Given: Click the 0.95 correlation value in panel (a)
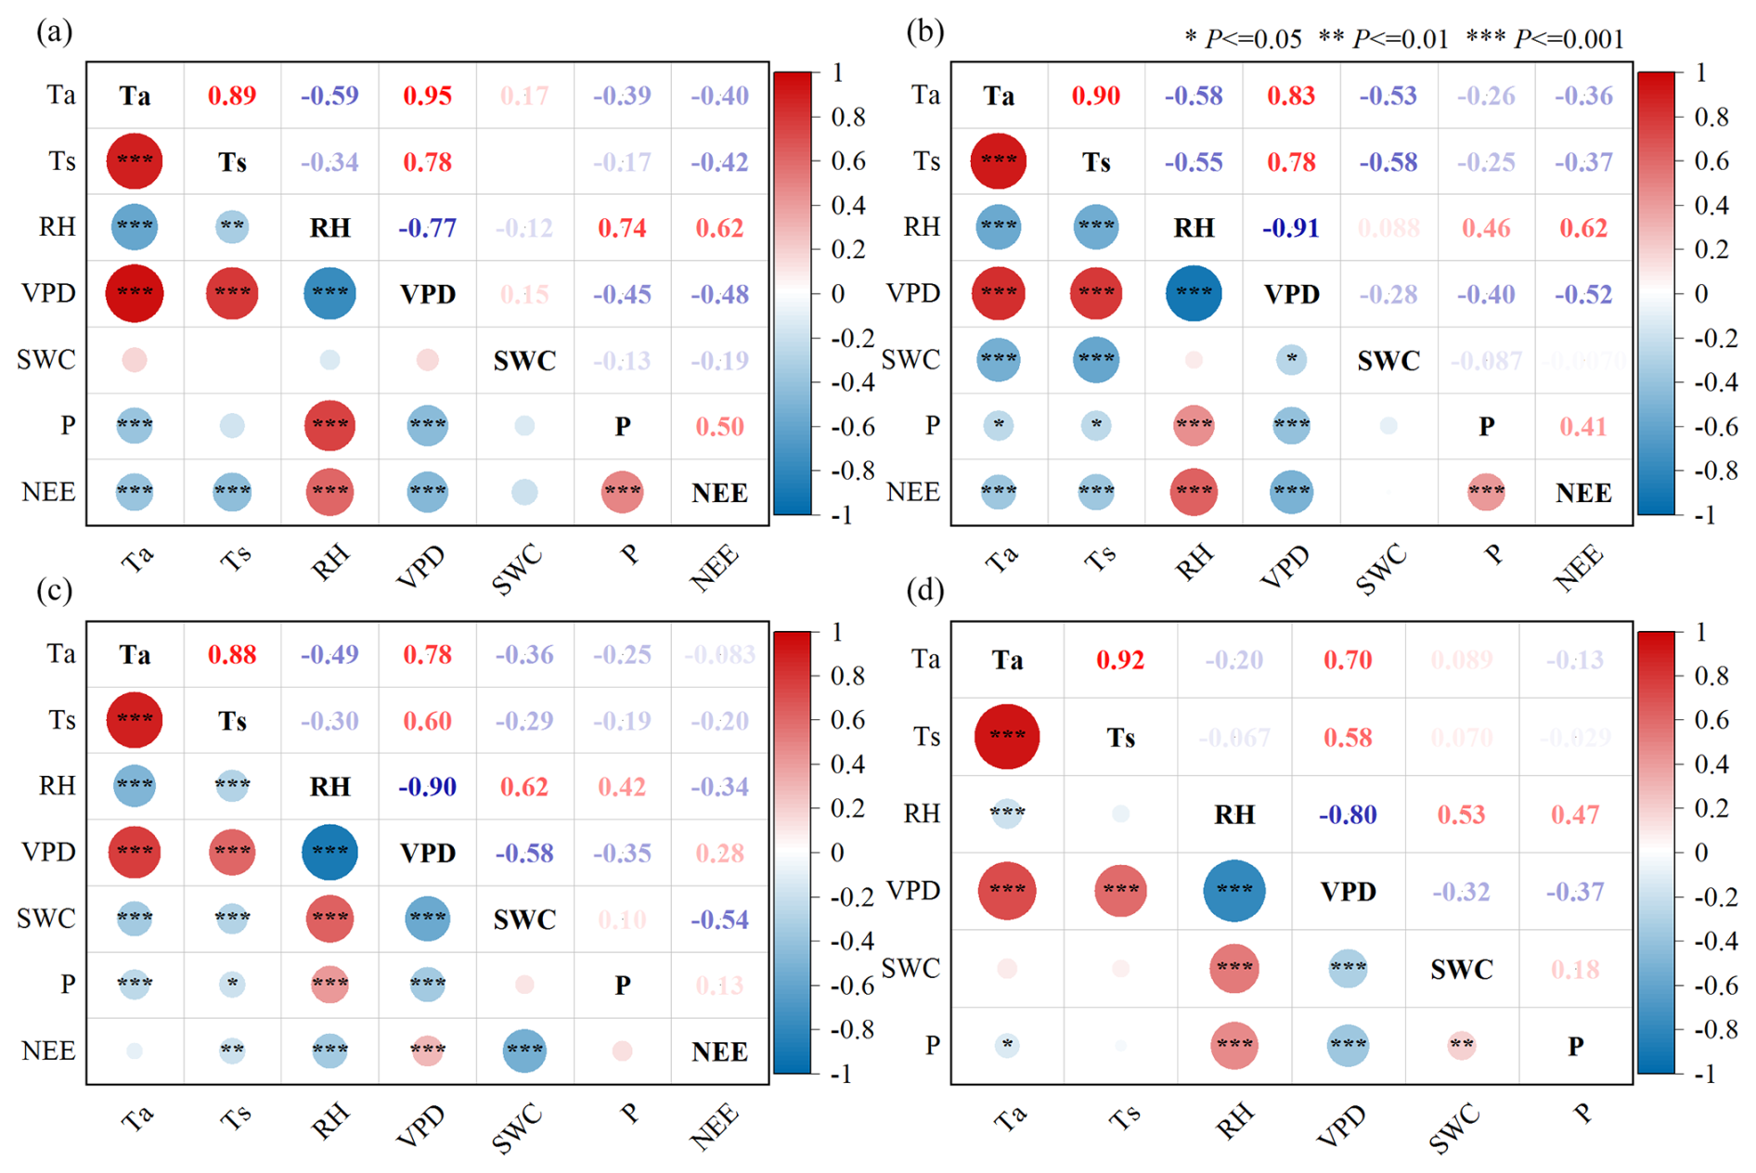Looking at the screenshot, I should [427, 96].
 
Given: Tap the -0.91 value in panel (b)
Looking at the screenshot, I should [1291, 228].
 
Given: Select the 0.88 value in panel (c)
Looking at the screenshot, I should [232, 655].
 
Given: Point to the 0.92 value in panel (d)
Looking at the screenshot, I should [1120, 661].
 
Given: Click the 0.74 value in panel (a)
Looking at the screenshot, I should [622, 228].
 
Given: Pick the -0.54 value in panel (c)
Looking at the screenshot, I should [719, 920].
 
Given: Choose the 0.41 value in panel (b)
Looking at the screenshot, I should [1583, 427].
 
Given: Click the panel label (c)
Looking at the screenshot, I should [55, 590].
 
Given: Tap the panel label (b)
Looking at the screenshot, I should [924, 32].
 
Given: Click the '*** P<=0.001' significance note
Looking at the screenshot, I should [1545, 39].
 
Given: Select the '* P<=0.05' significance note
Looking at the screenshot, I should [1243, 39].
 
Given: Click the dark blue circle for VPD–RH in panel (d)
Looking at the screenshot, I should [1233, 891].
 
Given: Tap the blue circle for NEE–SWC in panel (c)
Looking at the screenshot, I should [524, 1051].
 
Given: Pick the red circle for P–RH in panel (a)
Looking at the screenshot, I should [329, 426].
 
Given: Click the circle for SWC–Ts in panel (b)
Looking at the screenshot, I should [1096, 360].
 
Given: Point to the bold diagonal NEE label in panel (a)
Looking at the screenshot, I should [719, 493].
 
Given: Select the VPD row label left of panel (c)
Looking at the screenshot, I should [48, 852].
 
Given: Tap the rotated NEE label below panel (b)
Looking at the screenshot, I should [1579, 567].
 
